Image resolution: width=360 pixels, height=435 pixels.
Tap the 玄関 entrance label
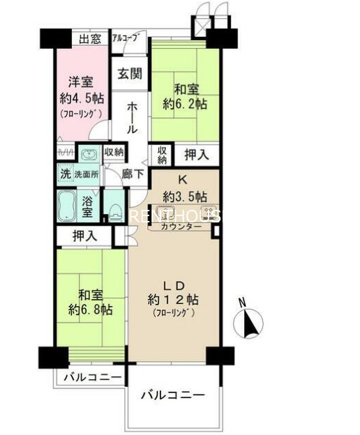coord(129,72)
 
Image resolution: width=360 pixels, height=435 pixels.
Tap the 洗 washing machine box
coord(63,175)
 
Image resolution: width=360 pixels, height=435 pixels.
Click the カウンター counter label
coord(181,226)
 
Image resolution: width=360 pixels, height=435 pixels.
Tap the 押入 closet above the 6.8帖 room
coord(85,236)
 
